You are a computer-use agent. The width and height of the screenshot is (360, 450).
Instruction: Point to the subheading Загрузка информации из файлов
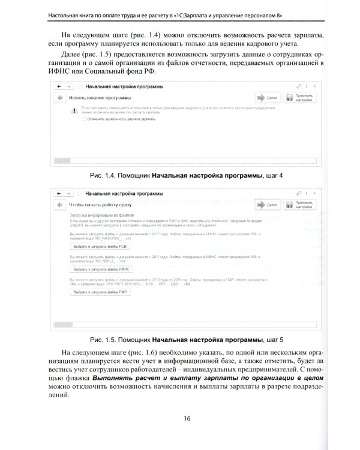[x=101, y=215]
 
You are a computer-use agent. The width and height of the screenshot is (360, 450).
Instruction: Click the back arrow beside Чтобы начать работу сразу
[x=59, y=205]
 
